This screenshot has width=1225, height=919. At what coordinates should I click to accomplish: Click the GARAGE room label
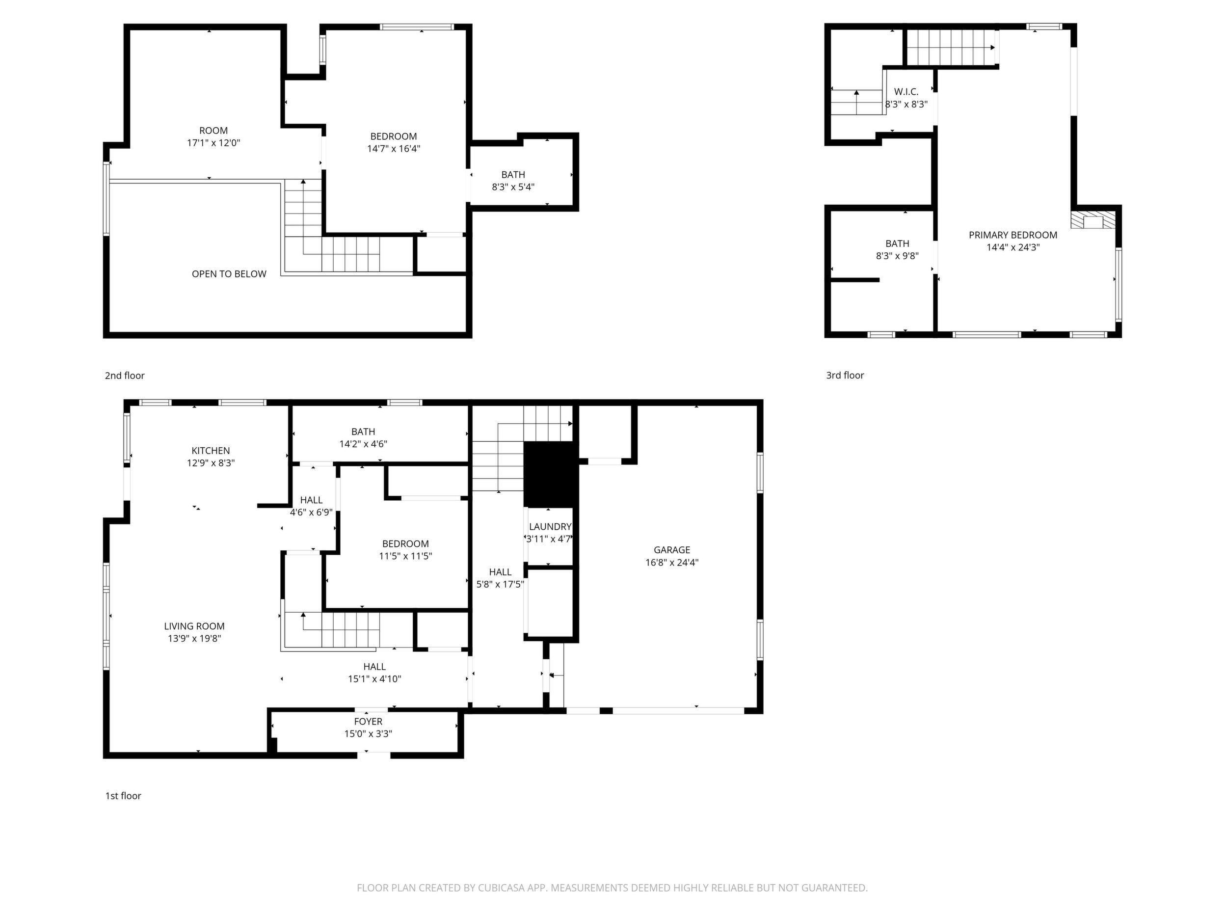pos(672,550)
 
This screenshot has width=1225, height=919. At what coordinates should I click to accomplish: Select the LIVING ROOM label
pos(194,626)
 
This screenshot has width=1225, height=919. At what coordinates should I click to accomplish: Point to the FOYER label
pos(368,722)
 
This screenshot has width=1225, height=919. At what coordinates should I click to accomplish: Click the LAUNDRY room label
pos(550,527)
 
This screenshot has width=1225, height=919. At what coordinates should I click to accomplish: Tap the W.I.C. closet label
pos(906,92)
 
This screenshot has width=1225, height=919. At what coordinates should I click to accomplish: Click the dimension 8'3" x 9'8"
pos(897,256)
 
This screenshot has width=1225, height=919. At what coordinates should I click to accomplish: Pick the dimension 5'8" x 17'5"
pos(500,584)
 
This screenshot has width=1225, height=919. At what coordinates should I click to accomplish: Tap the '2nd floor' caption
pos(125,376)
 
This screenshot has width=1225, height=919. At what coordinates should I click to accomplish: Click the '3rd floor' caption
pos(845,376)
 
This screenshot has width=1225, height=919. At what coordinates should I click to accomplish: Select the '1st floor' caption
pos(123,796)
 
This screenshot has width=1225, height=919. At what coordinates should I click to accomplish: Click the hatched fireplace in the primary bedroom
pos(1093,220)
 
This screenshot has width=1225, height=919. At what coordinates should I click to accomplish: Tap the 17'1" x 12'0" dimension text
pos(214,143)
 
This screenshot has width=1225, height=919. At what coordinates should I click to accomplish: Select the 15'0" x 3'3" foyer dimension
pos(368,734)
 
